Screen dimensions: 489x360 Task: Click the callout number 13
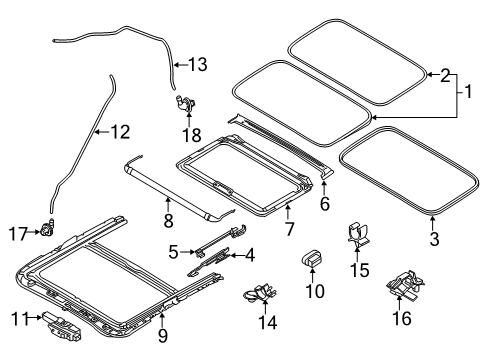pos(198,64)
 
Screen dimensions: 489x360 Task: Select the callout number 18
pos(192,135)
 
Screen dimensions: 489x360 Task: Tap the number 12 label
pos(120,132)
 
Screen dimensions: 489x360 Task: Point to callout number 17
pos(18,233)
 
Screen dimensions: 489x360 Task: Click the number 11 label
pos(20,319)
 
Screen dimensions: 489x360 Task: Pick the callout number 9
pos(162,335)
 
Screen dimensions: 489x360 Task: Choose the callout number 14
pos(268,322)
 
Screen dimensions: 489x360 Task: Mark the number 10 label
pos(315,291)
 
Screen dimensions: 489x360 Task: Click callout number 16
pos(402,318)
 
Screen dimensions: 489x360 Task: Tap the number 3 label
pos(434,239)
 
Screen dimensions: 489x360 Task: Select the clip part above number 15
pos(357,234)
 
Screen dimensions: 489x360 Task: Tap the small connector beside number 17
pos(48,228)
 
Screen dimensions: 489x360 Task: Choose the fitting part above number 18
pos(186,103)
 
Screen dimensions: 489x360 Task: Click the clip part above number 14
pos(260,293)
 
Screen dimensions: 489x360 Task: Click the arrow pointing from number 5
pos(187,252)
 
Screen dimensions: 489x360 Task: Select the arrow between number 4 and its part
pos(237,256)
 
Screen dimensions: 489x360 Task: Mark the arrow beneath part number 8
pos(168,204)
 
